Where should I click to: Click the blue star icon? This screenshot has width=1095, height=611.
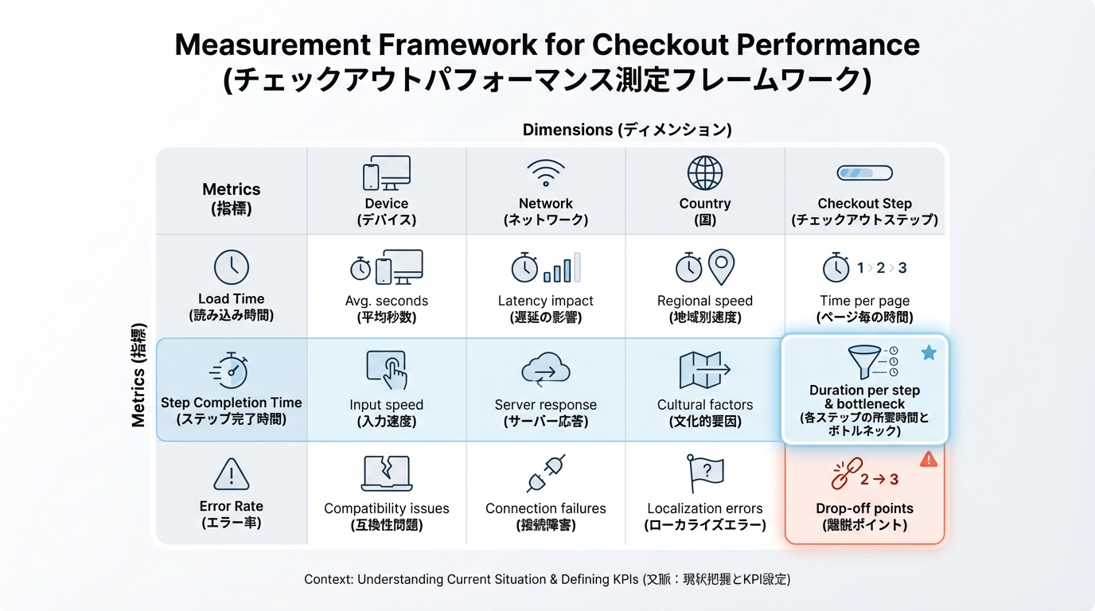[929, 352]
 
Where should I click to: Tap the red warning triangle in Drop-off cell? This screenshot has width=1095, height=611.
[929, 459]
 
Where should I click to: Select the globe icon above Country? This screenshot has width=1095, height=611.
[705, 173]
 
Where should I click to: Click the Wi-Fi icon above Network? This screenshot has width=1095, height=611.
[546, 172]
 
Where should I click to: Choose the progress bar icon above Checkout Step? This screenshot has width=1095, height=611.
[864, 173]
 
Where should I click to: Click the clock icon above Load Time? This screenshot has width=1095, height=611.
[232, 268]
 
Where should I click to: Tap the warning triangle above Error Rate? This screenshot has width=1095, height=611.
[232, 475]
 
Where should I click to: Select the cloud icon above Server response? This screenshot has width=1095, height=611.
[546, 370]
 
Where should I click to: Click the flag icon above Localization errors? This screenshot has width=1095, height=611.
[705, 473]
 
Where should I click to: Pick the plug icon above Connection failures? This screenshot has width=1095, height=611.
[546, 473]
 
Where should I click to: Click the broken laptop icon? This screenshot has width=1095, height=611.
[386, 473]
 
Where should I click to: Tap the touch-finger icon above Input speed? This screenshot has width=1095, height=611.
[387, 370]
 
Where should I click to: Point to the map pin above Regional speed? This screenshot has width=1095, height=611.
[722, 267]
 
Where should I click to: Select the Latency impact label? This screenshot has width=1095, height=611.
[546, 301]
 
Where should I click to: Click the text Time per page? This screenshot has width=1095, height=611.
[864, 301]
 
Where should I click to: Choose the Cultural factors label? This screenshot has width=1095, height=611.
[705, 405]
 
